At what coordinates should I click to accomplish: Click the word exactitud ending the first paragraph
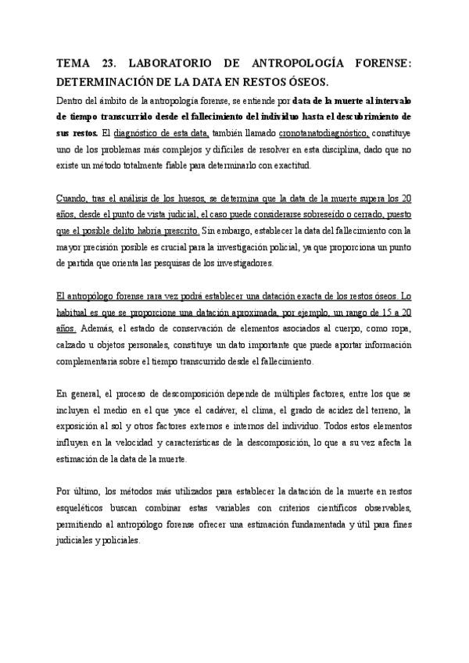click(x=291, y=165)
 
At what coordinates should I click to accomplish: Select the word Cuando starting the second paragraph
click(x=73, y=198)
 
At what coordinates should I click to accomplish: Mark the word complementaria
click(x=91, y=361)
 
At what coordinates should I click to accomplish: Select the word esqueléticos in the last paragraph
click(x=84, y=508)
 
